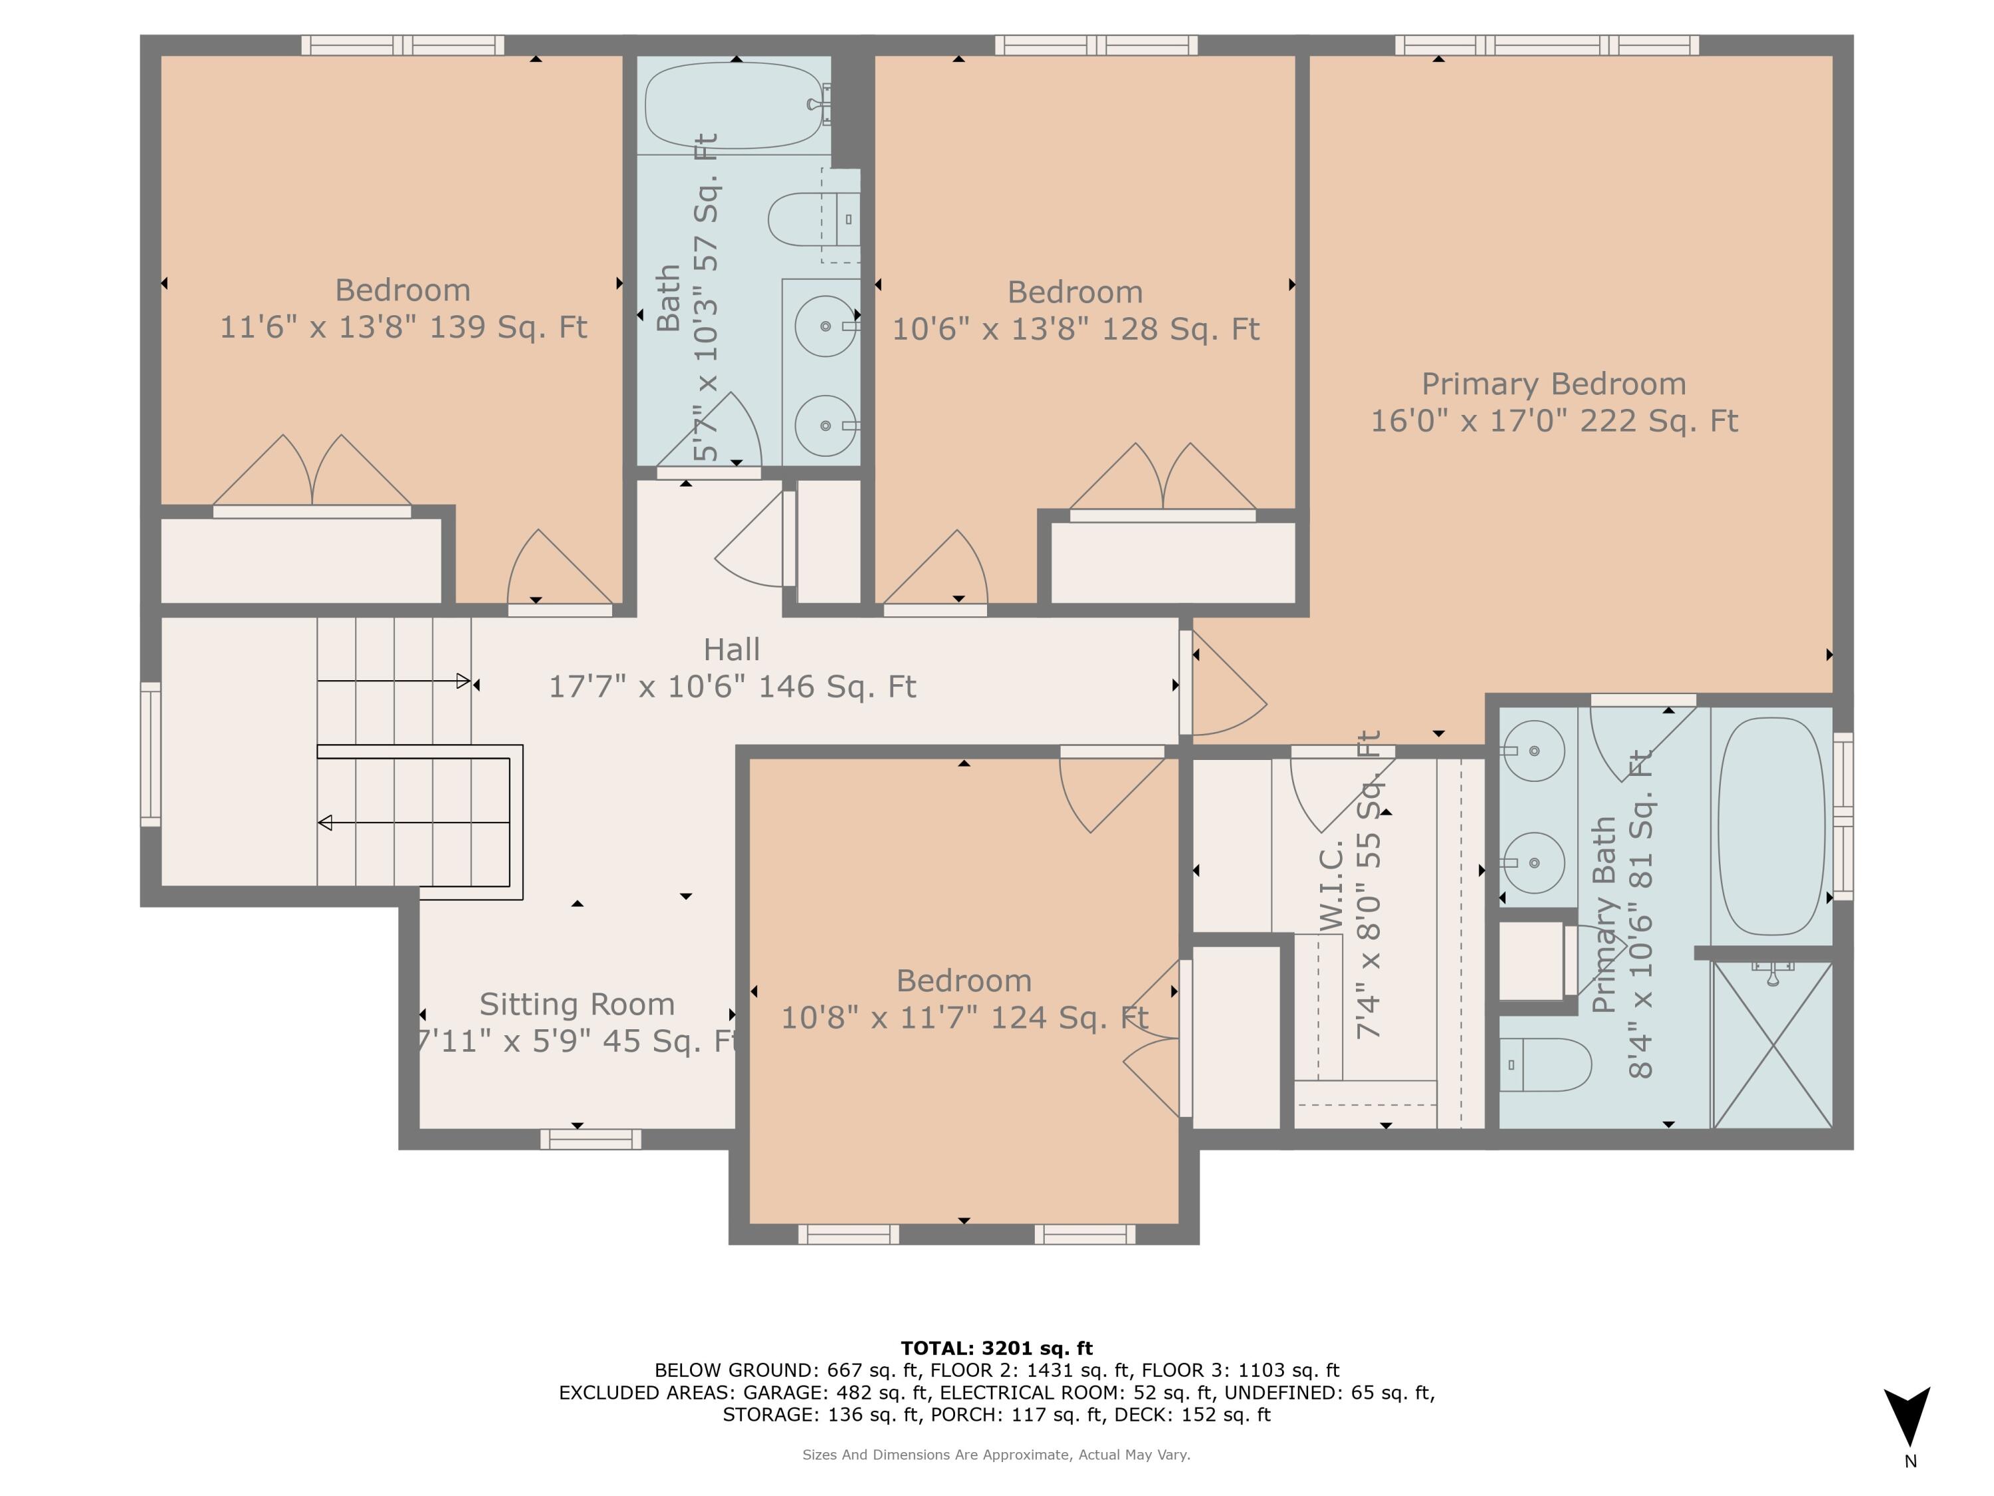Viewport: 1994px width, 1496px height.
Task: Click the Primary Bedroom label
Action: tap(1553, 384)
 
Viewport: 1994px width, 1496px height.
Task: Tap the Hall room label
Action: tap(731, 649)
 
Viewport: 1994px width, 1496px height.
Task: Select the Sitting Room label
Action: tap(577, 1003)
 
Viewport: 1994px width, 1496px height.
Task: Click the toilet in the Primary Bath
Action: tap(1544, 1065)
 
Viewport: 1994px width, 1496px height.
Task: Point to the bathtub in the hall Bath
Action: tap(736, 106)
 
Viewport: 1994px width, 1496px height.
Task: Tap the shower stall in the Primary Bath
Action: tap(1772, 1045)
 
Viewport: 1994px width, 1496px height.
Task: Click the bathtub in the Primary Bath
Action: tap(1771, 826)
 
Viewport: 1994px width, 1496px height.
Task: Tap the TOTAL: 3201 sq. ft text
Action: tap(996, 1348)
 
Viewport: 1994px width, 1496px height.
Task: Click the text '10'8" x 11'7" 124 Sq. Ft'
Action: tap(964, 1018)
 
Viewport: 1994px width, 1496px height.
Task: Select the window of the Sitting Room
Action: tap(590, 1140)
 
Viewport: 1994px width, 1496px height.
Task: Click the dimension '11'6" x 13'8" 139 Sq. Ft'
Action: tap(403, 326)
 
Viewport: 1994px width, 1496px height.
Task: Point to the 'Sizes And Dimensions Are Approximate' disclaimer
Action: tap(996, 1455)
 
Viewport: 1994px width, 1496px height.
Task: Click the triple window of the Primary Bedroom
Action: tap(1546, 45)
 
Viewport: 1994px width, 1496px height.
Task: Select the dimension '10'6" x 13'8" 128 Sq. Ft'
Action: tap(1075, 329)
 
